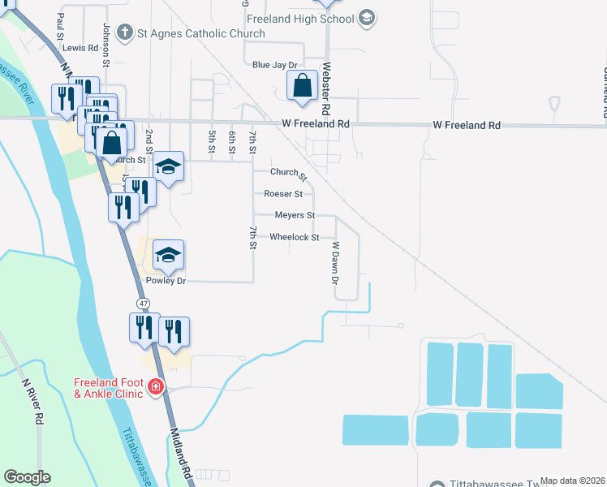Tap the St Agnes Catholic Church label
[x=200, y=33]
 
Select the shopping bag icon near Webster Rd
[x=302, y=85]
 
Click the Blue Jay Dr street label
[x=274, y=64]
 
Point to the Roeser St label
[x=283, y=194]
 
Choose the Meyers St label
[x=295, y=215]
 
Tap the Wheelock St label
[x=294, y=237]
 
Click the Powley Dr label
[x=166, y=281]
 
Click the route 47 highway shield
[x=144, y=303]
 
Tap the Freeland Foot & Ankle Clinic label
[x=109, y=388]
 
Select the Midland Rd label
[x=180, y=455]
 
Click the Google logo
[x=27, y=477]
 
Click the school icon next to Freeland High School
[x=366, y=18]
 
